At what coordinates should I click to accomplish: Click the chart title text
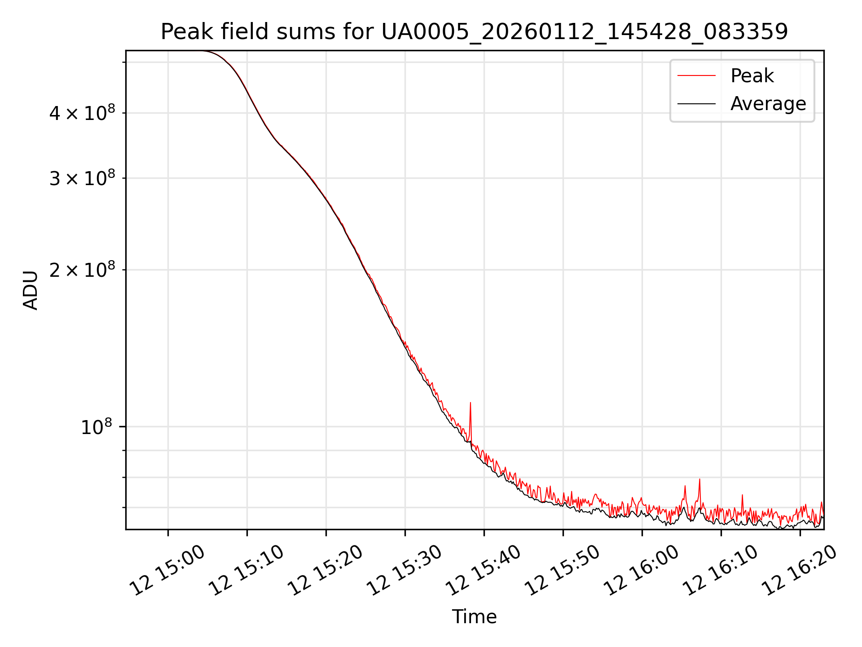[x=474, y=32]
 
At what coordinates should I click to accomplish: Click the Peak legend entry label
[x=752, y=76]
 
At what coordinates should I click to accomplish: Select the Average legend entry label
[x=768, y=104]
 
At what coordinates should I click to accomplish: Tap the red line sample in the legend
[x=696, y=76]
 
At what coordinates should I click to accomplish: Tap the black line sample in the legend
[x=696, y=104]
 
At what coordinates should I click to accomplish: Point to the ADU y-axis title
[x=31, y=290]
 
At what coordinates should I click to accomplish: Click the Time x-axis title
[x=474, y=617]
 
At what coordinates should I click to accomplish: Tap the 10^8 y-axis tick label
[x=96, y=427]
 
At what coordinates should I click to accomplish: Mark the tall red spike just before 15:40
[x=470, y=403]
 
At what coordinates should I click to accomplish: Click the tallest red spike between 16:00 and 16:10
[x=699, y=480]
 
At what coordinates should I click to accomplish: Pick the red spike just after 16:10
[x=743, y=496]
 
